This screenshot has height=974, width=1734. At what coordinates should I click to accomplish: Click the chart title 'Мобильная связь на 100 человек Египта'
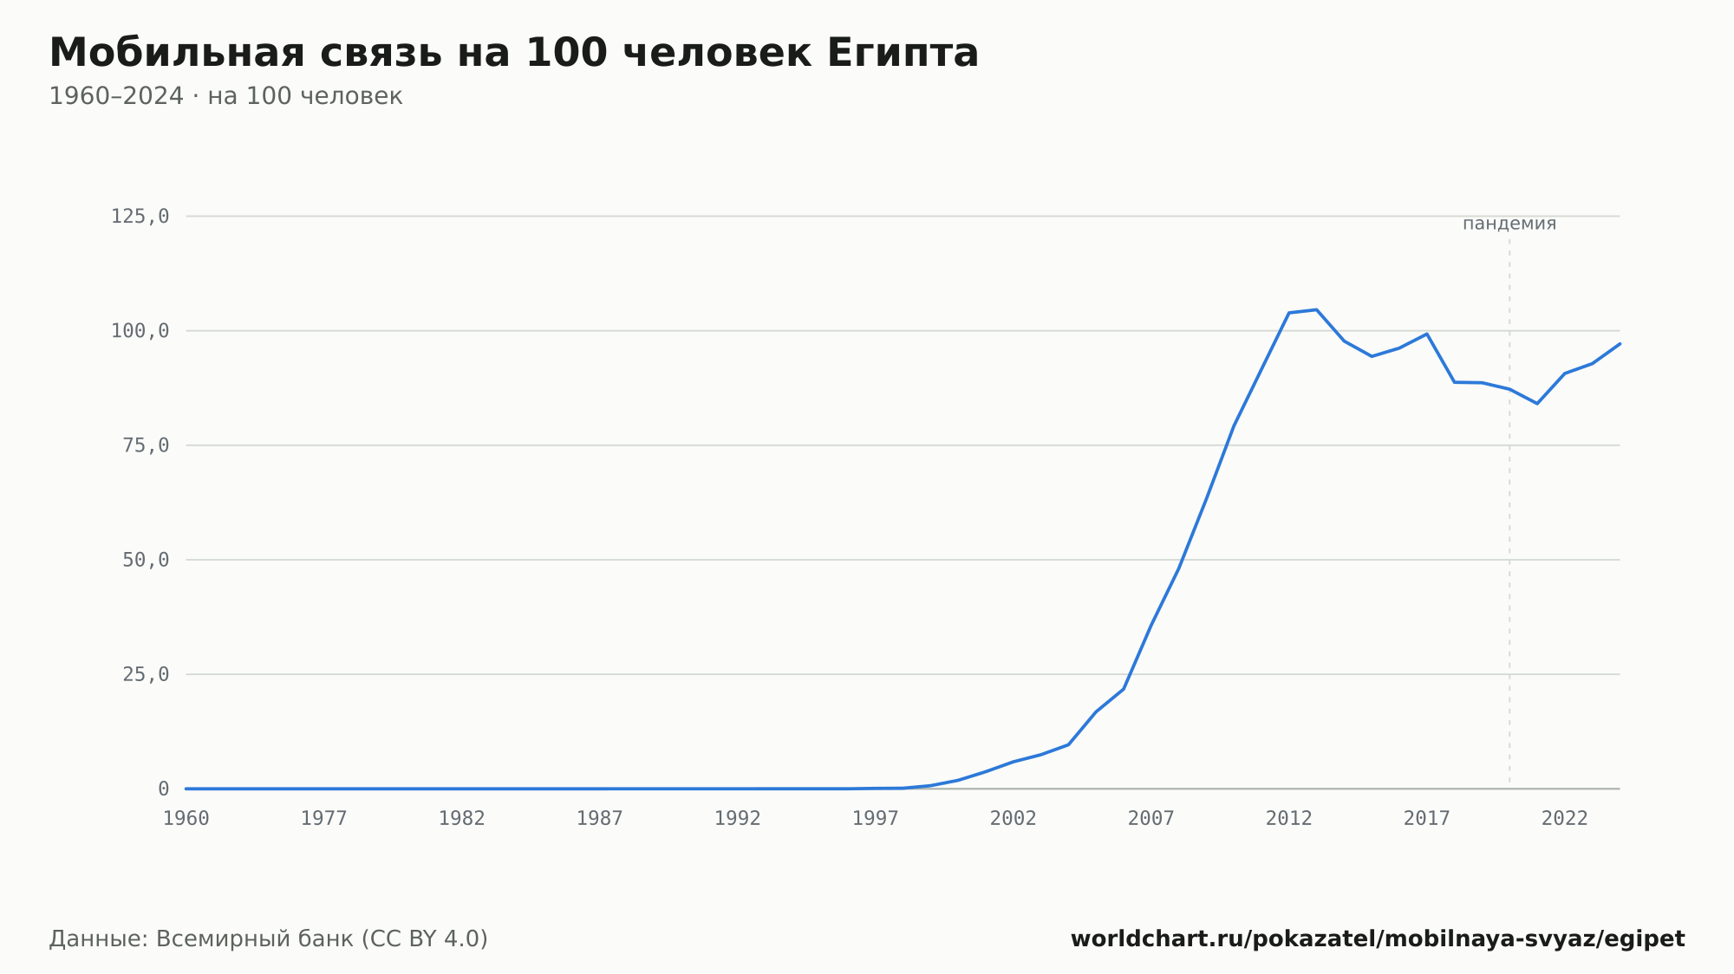pos(514,53)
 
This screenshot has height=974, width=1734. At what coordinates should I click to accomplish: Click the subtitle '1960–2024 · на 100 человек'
pos(225,96)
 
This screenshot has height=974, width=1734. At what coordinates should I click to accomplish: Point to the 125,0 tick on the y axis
pos(140,217)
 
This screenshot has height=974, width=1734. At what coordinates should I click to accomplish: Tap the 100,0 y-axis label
pos(140,331)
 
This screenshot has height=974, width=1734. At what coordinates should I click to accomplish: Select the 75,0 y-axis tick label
pos(146,445)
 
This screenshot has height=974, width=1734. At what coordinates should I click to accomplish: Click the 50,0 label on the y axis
pos(146,560)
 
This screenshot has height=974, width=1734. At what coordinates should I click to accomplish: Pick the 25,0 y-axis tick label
pos(146,674)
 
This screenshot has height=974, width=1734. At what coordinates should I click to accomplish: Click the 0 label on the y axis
pos(164,789)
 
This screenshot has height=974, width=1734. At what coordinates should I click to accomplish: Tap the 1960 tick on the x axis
pos(186,818)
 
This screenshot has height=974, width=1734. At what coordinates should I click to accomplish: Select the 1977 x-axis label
pos(324,818)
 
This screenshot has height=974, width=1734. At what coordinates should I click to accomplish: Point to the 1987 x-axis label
pos(600,818)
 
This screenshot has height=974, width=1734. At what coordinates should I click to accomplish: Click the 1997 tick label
pos(876,818)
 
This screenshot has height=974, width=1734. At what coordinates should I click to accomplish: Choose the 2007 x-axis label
pos(1151,818)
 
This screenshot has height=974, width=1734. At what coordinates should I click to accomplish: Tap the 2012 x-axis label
pos(1289,818)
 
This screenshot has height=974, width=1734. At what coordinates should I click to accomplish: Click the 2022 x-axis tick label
pos(1565,818)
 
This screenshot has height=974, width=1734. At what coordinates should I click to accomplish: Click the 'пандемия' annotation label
pos(1509,224)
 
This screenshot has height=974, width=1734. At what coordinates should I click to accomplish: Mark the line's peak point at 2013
pos(1316,309)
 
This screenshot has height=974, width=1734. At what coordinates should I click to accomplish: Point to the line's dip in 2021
pos(1537,404)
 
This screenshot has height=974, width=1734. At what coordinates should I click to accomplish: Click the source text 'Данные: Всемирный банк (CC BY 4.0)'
pos(269,938)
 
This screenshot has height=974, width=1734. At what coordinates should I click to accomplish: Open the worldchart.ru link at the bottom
pos(1378,938)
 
